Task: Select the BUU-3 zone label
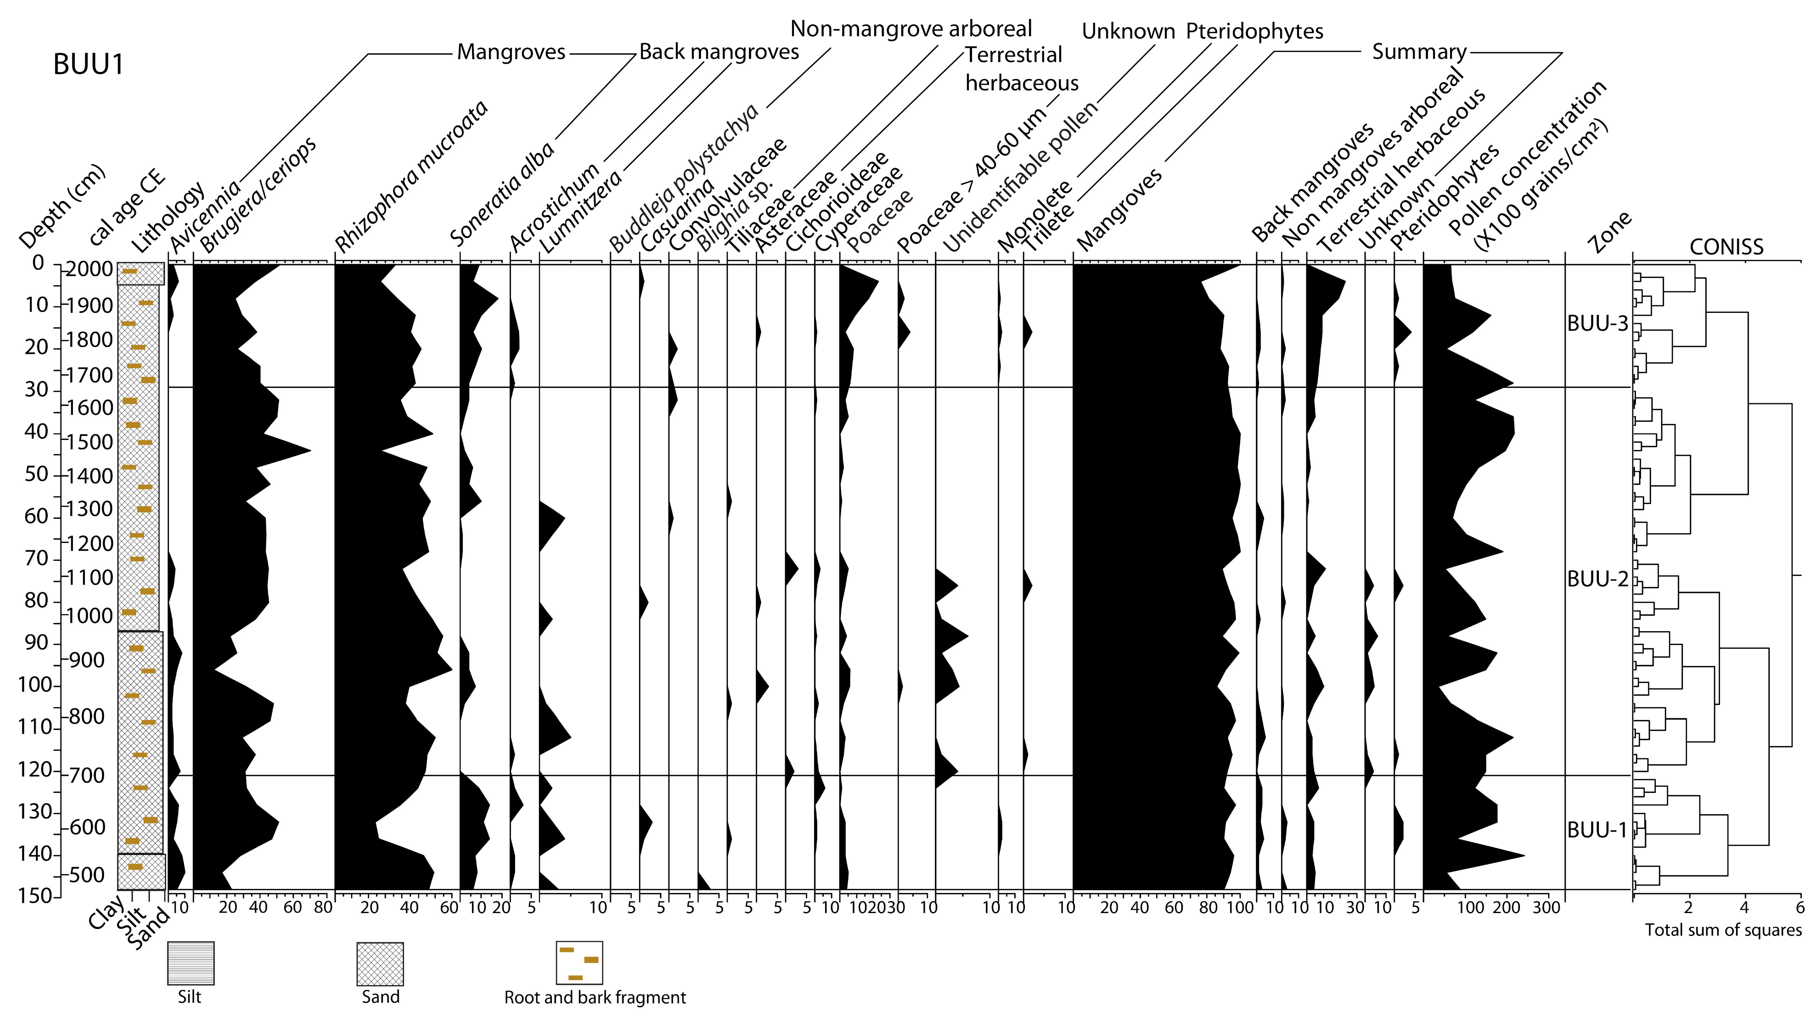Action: click(1597, 324)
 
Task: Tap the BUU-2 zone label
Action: click(1597, 579)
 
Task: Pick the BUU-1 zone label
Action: click(1597, 830)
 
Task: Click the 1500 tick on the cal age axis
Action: click(90, 442)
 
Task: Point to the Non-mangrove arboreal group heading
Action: click(911, 29)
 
